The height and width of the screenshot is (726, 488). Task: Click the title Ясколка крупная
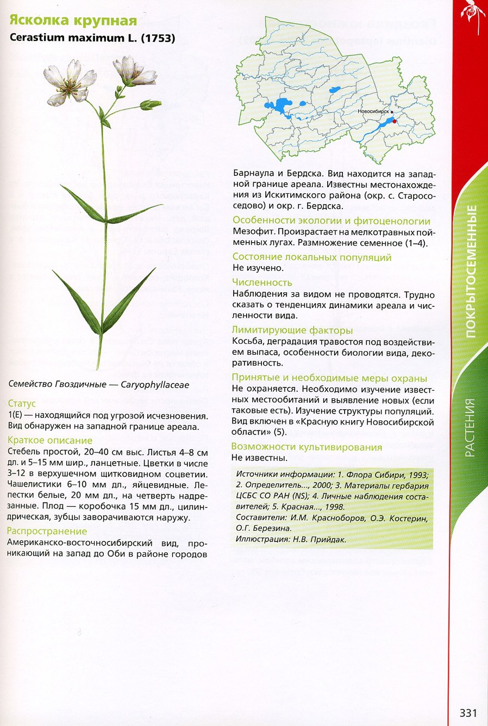click(72, 21)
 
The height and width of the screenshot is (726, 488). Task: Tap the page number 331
click(468, 713)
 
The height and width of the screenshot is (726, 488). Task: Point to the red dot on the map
click(395, 121)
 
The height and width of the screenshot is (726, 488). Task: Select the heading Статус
click(22, 403)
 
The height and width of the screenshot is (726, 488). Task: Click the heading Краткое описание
click(50, 440)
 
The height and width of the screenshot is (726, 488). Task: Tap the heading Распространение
click(47, 531)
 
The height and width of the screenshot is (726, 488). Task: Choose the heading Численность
click(262, 282)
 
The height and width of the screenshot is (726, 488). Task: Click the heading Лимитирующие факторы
click(292, 330)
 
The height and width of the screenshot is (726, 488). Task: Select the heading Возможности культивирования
click(306, 447)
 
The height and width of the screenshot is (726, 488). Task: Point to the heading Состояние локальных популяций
click(312, 257)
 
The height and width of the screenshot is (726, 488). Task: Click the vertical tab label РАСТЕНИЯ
click(471, 427)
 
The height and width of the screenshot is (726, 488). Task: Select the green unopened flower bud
click(151, 104)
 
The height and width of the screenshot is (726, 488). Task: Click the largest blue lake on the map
click(281, 105)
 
